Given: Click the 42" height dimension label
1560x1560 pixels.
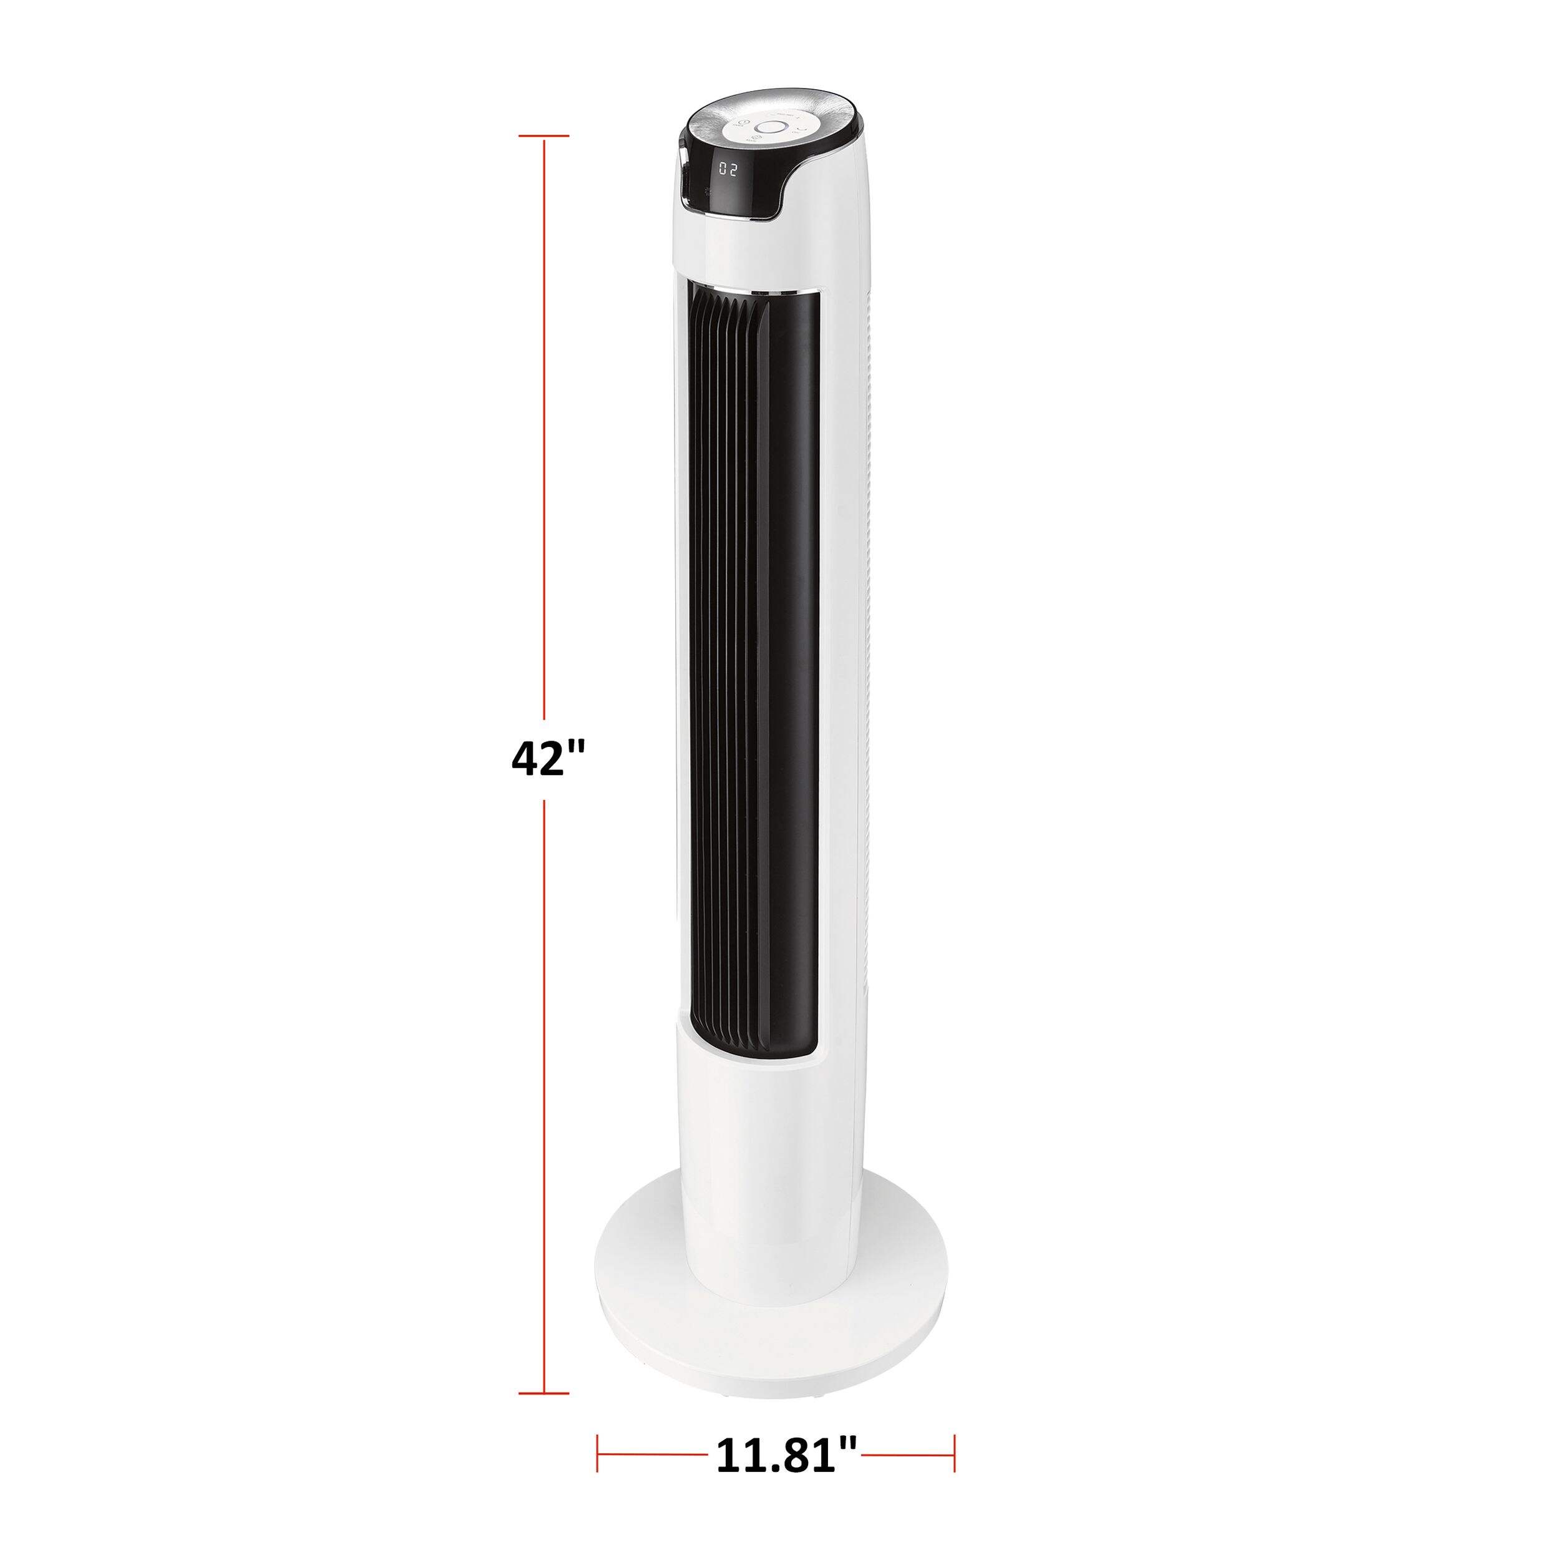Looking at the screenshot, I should click(x=547, y=759).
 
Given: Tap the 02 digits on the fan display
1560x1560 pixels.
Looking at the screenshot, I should click(x=728, y=170).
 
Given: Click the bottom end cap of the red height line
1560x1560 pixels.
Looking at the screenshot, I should click(x=544, y=1393).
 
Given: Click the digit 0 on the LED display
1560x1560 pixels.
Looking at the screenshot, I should click(x=723, y=170).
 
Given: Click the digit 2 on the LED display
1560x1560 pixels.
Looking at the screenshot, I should click(x=734, y=170).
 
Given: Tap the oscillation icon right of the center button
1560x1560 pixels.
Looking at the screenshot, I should click(x=801, y=127).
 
